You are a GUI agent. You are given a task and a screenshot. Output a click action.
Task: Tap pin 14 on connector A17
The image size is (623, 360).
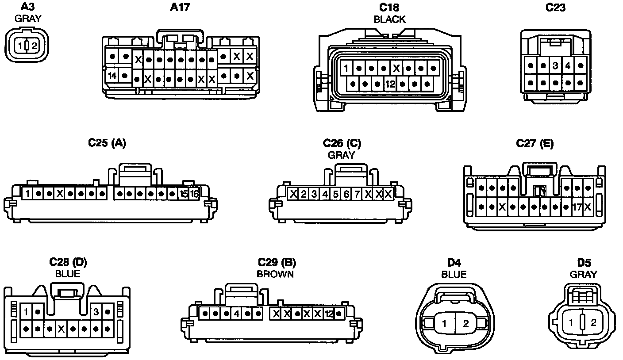[112, 76]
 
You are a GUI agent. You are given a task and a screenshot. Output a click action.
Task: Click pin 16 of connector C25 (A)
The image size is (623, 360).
[194, 194]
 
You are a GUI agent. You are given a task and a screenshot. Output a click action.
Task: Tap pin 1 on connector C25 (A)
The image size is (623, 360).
[27, 194]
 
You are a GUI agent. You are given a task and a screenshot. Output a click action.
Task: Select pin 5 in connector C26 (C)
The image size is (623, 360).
[336, 194]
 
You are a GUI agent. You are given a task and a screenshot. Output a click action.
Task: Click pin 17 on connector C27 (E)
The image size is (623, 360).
[577, 207]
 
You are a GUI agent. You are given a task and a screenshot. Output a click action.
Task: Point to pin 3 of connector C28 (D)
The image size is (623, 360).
[96, 312]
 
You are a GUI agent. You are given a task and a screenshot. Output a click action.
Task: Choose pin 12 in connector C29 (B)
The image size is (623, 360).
[328, 314]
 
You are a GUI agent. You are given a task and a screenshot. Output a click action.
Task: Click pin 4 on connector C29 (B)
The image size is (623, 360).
[237, 314]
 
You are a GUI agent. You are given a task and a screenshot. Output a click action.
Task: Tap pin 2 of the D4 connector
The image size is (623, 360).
[465, 324]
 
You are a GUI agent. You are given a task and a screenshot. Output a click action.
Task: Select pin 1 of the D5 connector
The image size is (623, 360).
[571, 322]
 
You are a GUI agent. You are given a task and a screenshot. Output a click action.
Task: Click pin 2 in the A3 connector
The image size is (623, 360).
[34, 45]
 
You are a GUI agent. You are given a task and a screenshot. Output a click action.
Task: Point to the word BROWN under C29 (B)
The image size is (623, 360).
[275, 274]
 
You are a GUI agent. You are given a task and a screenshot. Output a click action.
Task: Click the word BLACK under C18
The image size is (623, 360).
[389, 19]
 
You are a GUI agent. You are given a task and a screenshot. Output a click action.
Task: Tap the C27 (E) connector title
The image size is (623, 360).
[535, 144]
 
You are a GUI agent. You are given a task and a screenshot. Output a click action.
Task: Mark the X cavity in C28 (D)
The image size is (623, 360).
[62, 329]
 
